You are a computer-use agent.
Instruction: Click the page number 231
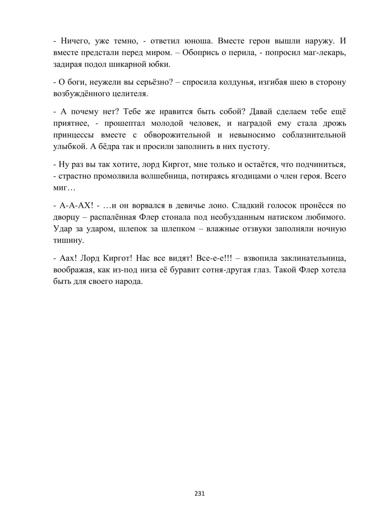point(200,494)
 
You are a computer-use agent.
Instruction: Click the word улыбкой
point(70,146)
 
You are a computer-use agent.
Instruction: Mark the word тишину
point(69,240)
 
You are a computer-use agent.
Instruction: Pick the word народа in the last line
point(129,281)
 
